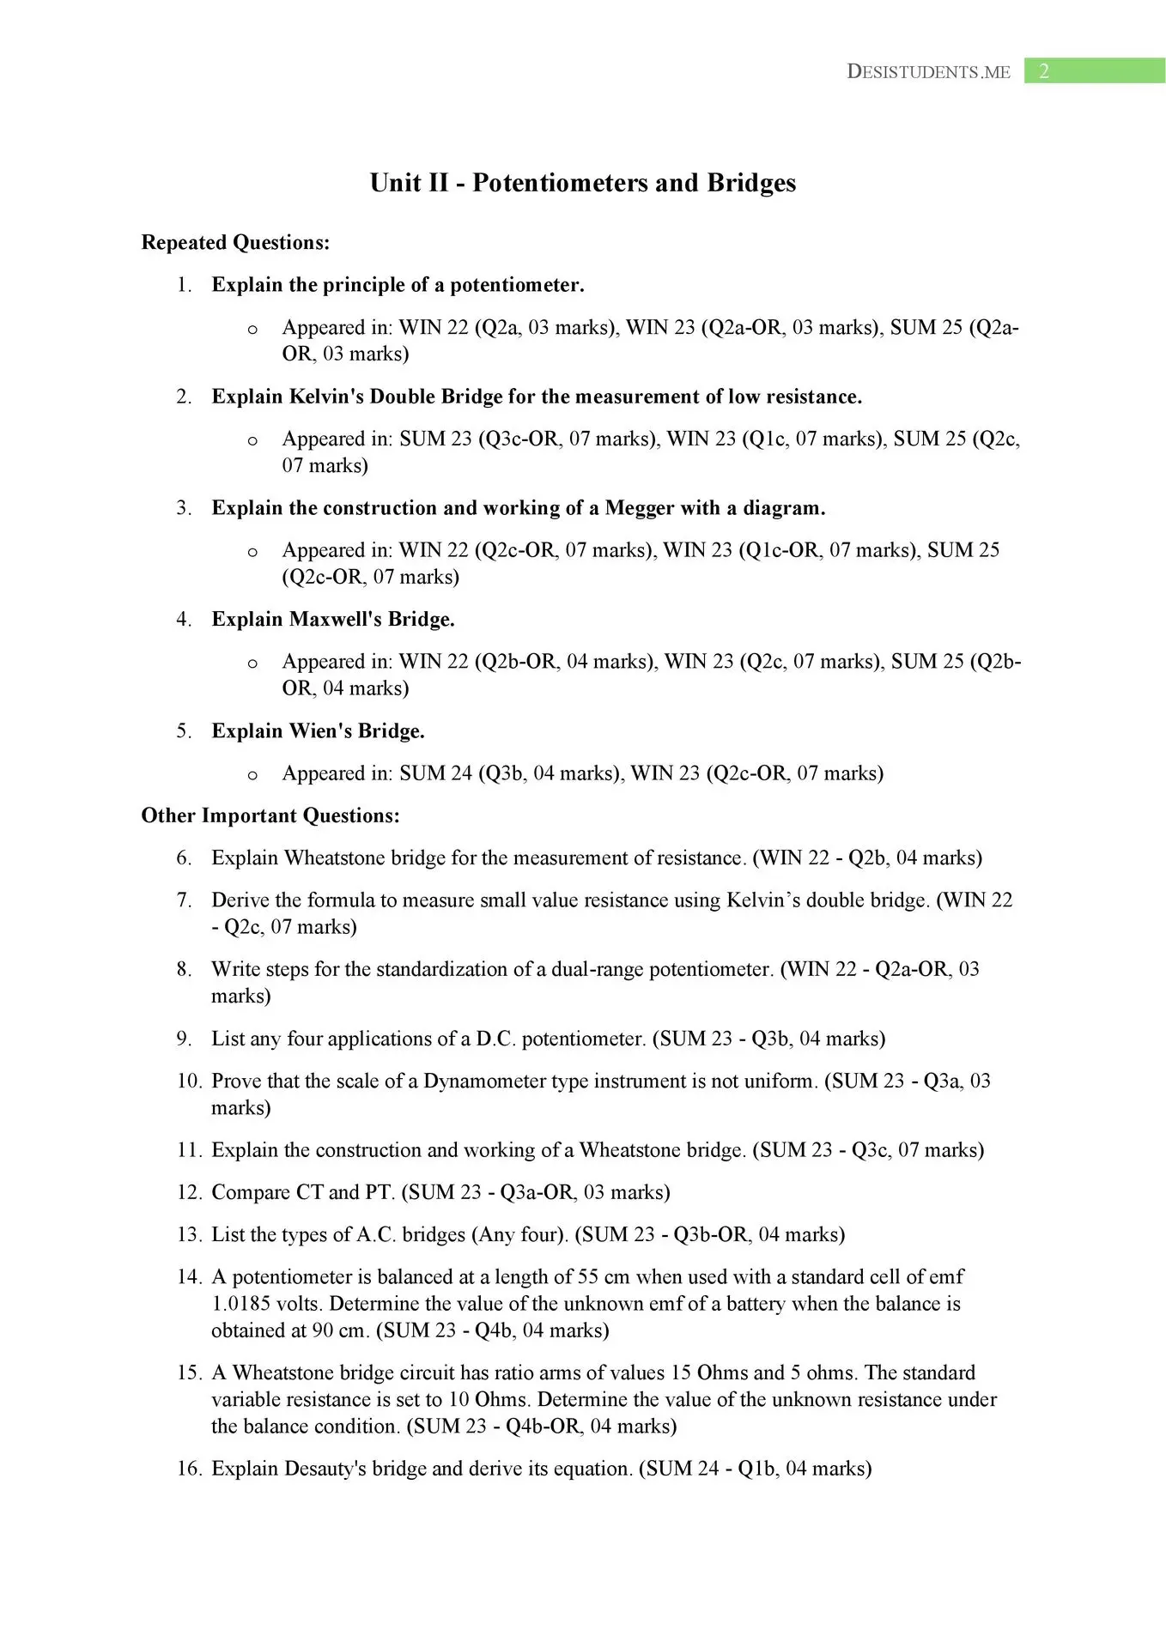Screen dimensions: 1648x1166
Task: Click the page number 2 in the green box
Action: tap(1044, 71)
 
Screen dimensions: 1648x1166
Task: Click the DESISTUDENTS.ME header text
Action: tap(928, 72)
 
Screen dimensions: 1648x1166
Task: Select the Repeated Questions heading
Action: tap(235, 243)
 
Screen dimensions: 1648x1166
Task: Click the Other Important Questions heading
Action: tap(270, 815)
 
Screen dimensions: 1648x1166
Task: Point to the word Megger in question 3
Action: tap(640, 508)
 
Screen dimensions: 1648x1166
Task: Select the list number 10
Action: tap(188, 1081)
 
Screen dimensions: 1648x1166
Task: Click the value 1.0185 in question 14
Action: tap(240, 1304)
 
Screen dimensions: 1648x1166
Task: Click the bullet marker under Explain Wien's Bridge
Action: tap(252, 775)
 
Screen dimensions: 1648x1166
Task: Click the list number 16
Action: tap(188, 1469)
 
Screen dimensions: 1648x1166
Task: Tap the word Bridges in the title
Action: tap(751, 183)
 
